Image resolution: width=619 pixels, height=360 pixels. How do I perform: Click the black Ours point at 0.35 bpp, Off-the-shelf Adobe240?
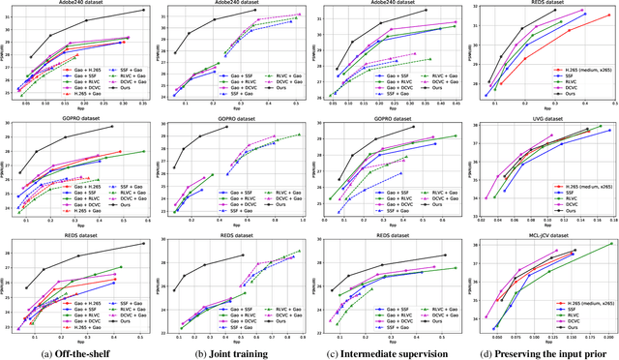[143, 10]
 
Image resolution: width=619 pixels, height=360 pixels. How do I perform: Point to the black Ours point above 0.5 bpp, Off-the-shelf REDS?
[143, 244]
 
